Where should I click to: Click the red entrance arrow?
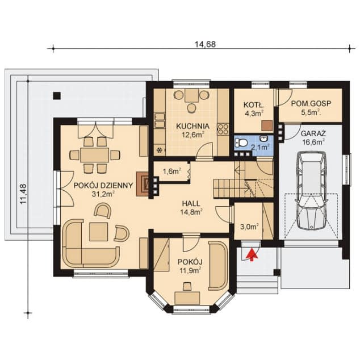pyautogui.click(x=252, y=254)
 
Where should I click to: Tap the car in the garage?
pyautogui.click(x=311, y=190)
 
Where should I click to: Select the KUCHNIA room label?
pyautogui.click(x=192, y=126)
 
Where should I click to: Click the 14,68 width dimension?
pyautogui.click(x=205, y=44)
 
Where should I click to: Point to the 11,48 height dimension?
pyautogui.click(x=23, y=194)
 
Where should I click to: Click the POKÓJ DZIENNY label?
pyautogui.click(x=103, y=185)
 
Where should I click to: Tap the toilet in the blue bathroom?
pyautogui.click(x=241, y=143)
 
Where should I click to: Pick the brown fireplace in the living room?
pyautogui.click(x=143, y=184)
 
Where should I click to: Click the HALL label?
pyautogui.click(x=191, y=203)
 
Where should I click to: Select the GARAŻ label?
pyautogui.click(x=313, y=133)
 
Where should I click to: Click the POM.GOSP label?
pyautogui.click(x=311, y=103)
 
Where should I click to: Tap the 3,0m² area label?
pyautogui.click(x=249, y=227)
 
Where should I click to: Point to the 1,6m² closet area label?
pyautogui.click(x=171, y=171)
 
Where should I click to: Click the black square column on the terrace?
pyautogui.click(x=57, y=95)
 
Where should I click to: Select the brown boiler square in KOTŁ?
pyautogui.click(x=267, y=126)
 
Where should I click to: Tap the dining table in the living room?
pyautogui.click(x=95, y=155)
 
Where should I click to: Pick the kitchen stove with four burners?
pyautogui.click(x=223, y=129)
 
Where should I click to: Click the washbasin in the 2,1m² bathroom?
pyautogui.click(x=264, y=139)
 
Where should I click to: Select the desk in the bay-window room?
pyautogui.click(x=187, y=298)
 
